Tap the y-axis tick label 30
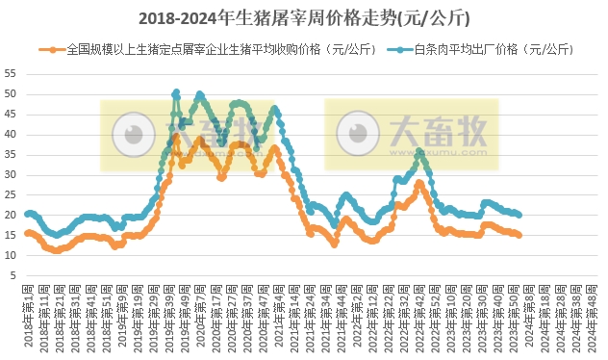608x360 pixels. (11, 175)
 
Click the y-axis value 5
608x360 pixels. (13, 276)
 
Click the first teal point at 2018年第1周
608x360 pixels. (28, 214)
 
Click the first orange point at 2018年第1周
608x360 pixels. (28, 233)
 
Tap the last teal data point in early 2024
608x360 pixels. (519, 215)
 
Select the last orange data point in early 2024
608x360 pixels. (519, 235)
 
